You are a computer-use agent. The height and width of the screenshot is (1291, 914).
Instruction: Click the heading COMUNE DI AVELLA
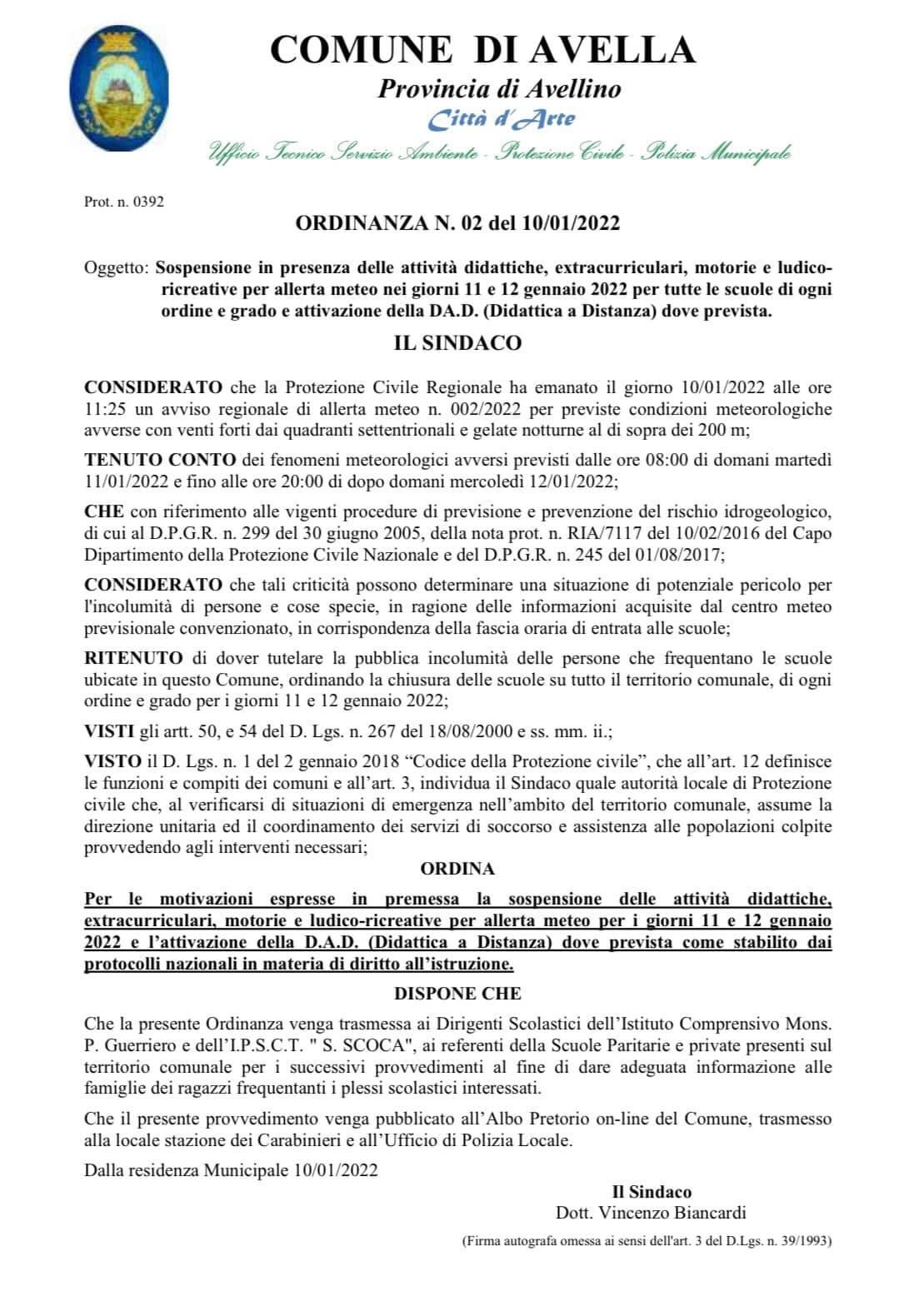click(482, 50)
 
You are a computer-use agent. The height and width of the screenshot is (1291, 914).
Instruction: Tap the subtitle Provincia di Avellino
click(499, 88)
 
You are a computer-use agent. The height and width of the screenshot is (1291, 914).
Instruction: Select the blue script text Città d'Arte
click(501, 119)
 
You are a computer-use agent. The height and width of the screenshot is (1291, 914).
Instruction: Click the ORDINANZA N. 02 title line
click(458, 223)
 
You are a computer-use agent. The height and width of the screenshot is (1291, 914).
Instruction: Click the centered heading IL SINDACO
click(457, 343)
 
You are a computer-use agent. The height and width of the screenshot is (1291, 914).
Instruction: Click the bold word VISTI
click(108, 731)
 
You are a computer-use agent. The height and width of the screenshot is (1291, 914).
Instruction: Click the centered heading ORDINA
click(457, 869)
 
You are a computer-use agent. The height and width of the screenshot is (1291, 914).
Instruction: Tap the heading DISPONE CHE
click(457, 993)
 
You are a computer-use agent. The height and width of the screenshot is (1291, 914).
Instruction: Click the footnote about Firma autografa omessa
click(647, 1241)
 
